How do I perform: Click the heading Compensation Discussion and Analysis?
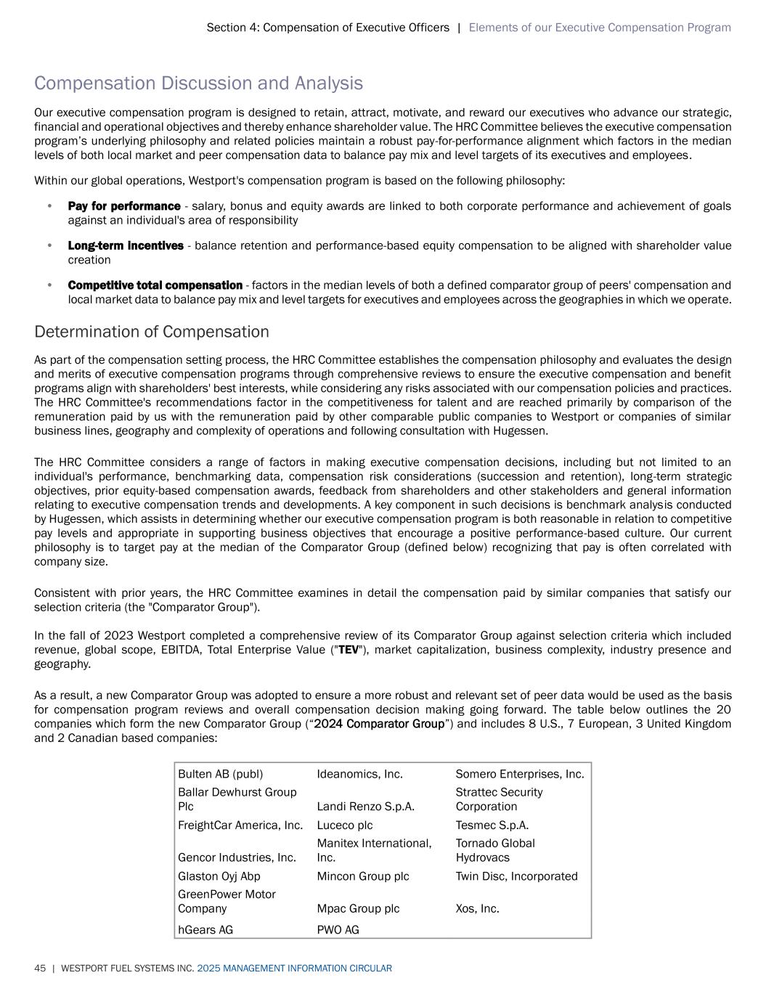click(198, 83)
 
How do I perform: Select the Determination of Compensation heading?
click(151, 332)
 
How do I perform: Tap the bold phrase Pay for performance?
click(124, 206)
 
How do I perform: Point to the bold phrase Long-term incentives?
click(126, 245)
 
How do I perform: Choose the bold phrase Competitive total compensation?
click(155, 285)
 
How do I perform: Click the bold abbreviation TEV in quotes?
click(349, 650)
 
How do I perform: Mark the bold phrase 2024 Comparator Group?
click(378, 724)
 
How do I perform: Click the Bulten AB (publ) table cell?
click(221, 774)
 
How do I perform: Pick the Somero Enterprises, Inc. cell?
click(519, 774)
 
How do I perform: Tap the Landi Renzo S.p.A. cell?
click(365, 807)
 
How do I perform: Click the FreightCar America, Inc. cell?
click(240, 825)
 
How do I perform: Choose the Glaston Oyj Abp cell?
click(219, 876)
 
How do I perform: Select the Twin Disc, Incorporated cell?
click(516, 876)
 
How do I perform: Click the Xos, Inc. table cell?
click(477, 908)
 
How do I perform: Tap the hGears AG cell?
click(205, 930)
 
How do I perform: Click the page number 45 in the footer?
click(40, 968)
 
